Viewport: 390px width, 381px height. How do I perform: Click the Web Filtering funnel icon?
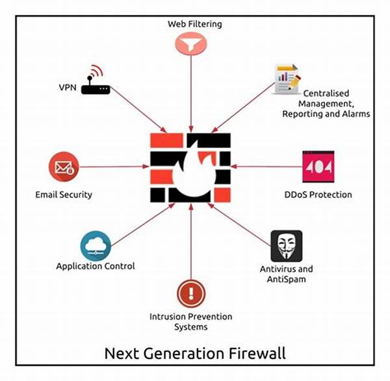(x=190, y=44)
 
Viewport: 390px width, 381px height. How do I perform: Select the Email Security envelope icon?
(x=63, y=167)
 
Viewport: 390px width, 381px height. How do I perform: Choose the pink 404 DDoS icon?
(x=318, y=167)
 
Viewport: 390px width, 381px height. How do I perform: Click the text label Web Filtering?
(x=194, y=24)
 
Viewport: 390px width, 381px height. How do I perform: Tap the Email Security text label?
(x=64, y=194)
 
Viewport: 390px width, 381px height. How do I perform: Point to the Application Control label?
(x=96, y=266)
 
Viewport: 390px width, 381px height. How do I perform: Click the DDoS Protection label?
(x=318, y=194)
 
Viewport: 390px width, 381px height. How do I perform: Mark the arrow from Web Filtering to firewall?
(x=190, y=94)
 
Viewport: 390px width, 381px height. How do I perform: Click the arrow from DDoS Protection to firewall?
(x=266, y=167)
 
